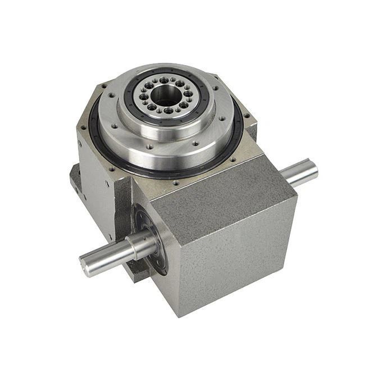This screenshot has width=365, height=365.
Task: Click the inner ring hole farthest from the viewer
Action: coord(164,80)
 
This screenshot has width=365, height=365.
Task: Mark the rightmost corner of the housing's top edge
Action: coord(296,194)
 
